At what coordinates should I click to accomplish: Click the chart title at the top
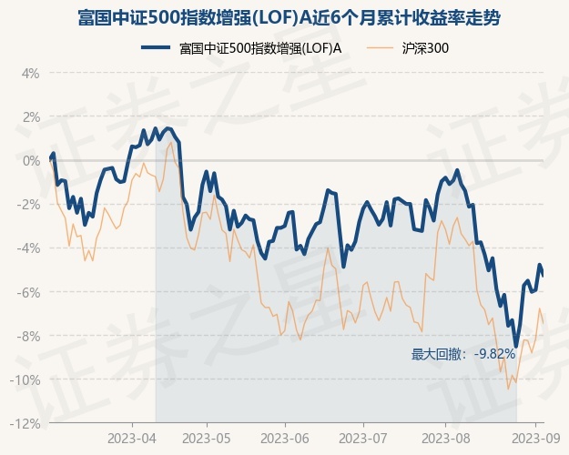coord(284,18)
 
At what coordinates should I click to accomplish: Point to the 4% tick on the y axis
coord(30,73)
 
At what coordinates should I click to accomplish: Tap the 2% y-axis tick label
coord(30,116)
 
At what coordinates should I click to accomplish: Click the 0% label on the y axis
coord(30,160)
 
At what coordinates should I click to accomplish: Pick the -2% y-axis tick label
coord(28,204)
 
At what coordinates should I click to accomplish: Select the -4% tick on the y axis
coord(28,248)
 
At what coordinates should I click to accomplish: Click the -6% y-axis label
coord(28,292)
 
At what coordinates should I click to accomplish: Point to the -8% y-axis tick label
coord(28,336)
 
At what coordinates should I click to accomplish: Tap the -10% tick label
coord(25,379)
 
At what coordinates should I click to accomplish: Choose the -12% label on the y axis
coord(25,423)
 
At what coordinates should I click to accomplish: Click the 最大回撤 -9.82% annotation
coord(463,354)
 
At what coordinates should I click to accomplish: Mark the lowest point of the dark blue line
coord(516,347)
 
